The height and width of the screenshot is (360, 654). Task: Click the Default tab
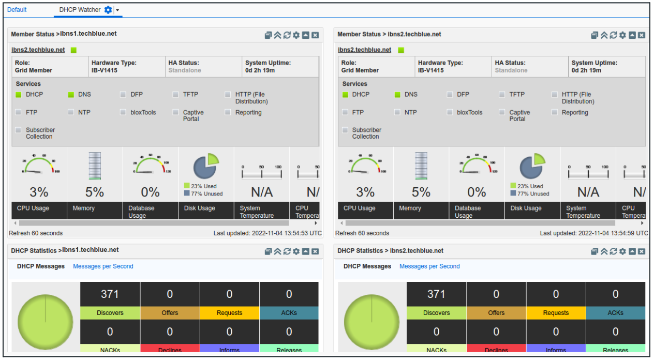pyautogui.click(x=17, y=10)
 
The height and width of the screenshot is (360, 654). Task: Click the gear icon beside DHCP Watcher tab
pyautogui.click(x=108, y=10)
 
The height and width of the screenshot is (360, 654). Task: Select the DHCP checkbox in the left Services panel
pyautogui.click(x=19, y=95)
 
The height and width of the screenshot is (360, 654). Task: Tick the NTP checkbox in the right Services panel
pyautogui.click(x=397, y=112)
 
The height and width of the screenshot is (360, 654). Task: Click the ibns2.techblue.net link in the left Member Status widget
pyautogui.click(x=38, y=50)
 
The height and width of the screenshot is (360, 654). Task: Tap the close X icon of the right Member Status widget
pyautogui.click(x=641, y=35)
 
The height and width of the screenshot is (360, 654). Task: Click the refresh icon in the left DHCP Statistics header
pyautogui.click(x=287, y=251)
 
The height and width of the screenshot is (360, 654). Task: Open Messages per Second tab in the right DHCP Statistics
pyautogui.click(x=429, y=266)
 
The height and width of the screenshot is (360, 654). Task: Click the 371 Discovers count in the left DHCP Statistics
pyautogui.click(x=110, y=294)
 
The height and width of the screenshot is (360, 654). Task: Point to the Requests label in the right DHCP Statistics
pyautogui.click(x=556, y=313)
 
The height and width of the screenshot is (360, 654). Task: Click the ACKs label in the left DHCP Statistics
pyautogui.click(x=289, y=313)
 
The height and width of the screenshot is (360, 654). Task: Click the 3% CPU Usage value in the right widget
pyautogui.click(x=365, y=192)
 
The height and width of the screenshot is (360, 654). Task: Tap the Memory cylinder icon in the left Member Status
pyautogui.click(x=95, y=166)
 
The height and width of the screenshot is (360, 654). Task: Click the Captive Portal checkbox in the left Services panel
pyautogui.click(x=176, y=113)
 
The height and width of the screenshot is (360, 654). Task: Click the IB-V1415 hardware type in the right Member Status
pyautogui.click(x=431, y=70)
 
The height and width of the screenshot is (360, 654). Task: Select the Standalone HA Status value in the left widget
pyautogui.click(x=185, y=70)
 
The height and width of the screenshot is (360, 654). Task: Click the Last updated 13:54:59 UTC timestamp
pyautogui.click(x=593, y=233)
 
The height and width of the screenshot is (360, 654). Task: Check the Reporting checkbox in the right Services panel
pyautogui.click(x=555, y=112)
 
